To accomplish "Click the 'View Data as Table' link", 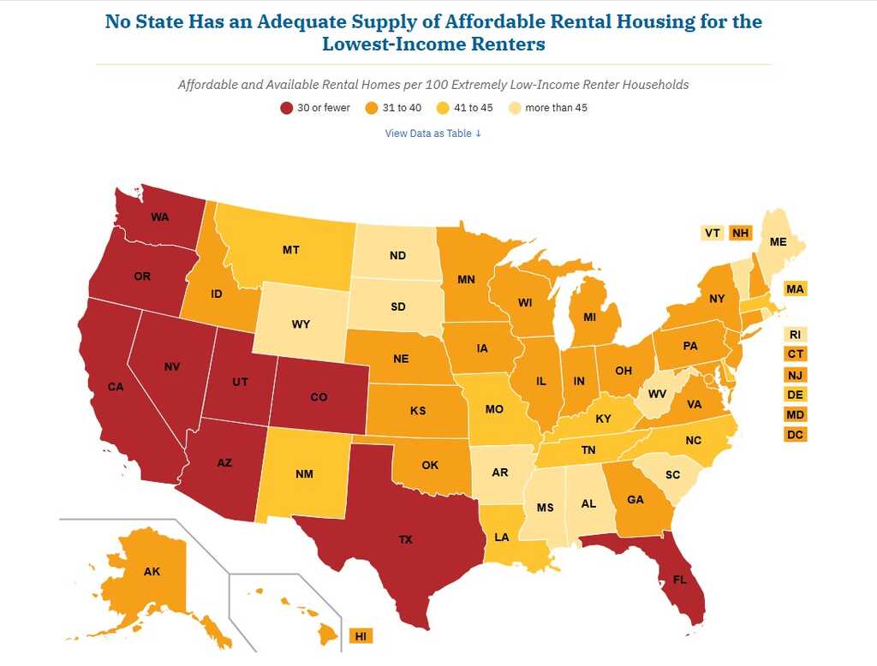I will (x=433, y=133).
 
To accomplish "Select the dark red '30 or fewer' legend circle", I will (x=286, y=108).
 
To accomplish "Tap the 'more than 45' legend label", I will (x=556, y=108).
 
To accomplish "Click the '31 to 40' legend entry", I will (x=399, y=108).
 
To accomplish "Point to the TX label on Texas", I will (x=405, y=539).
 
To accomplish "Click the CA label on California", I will (x=116, y=386).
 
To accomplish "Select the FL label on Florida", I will (x=679, y=579).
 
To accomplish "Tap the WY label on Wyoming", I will (x=301, y=324).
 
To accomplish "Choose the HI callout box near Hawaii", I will (x=361, y=636).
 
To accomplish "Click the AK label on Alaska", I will (x=152, y=571).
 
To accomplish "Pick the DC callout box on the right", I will (x=795, y=435).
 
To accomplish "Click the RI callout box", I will (x=795, y=335).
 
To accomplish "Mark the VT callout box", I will (x=712, y=233).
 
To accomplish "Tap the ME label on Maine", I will (x=778, y=242).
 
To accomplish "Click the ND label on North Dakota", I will (x=397, y=255).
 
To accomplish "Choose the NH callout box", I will (x=739, y=233).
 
